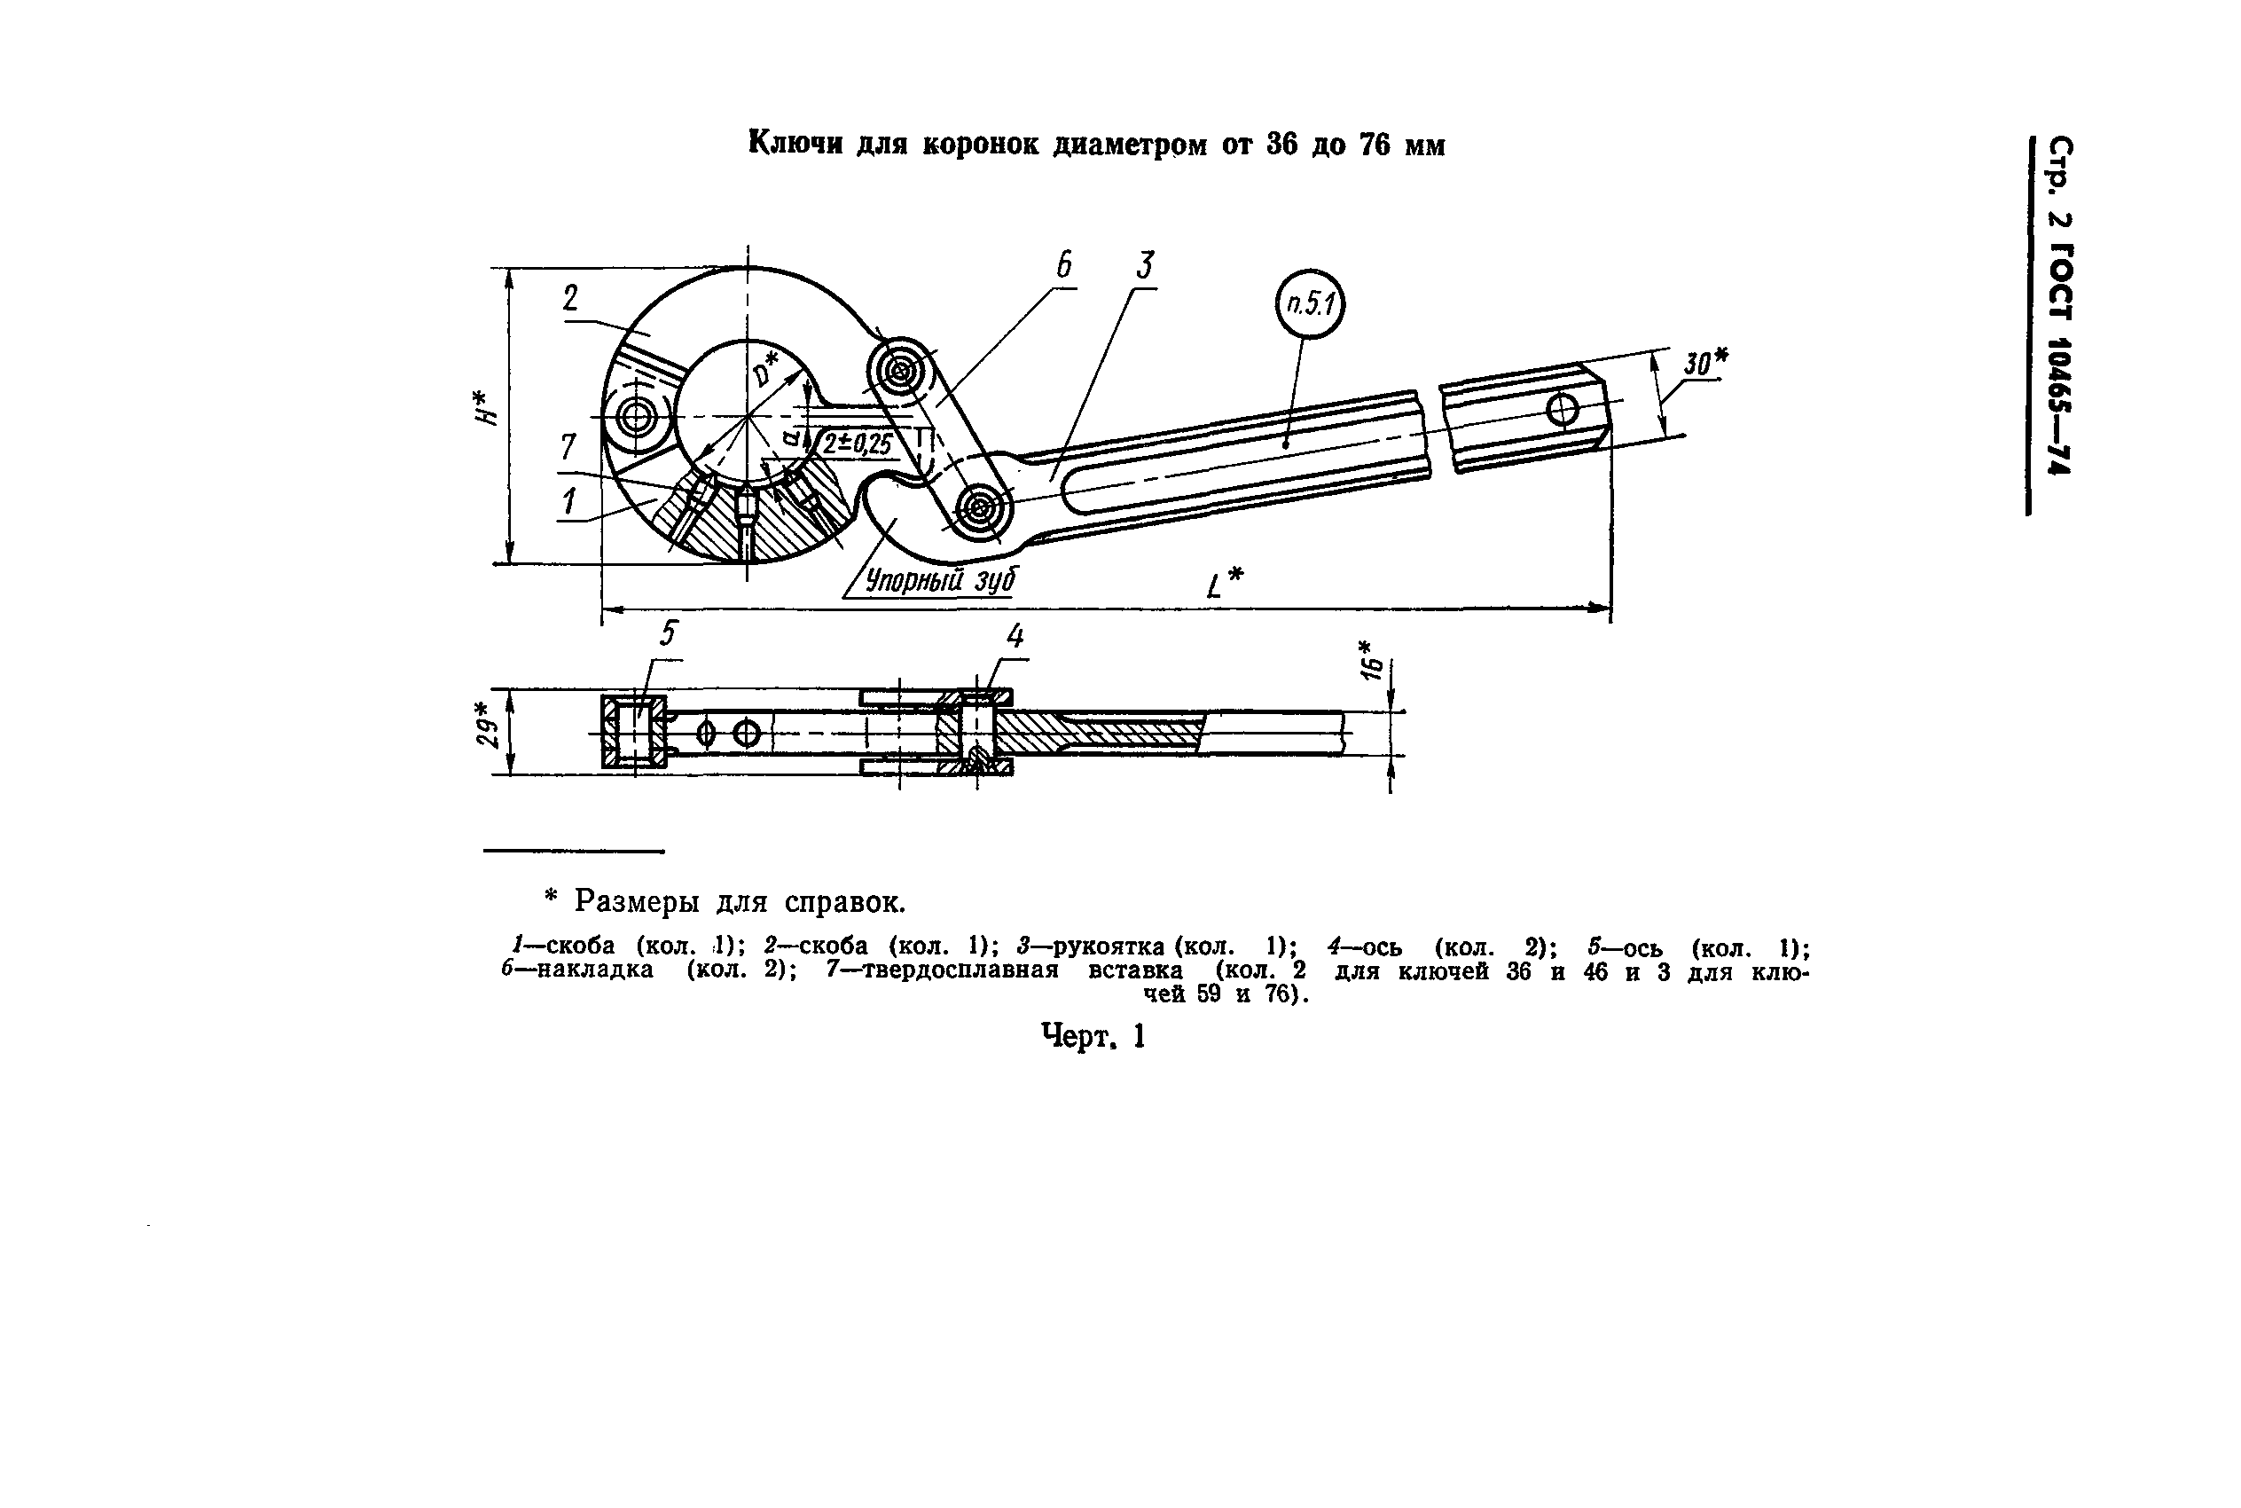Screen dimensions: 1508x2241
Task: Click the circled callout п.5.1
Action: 1310,304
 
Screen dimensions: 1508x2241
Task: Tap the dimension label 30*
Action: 1705,364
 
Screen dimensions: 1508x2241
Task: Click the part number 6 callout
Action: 1063,264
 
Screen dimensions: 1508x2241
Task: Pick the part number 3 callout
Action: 1144,264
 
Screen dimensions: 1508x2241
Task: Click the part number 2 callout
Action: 571,299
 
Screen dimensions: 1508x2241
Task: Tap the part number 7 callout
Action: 568,448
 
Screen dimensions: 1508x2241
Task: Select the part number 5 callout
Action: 668,633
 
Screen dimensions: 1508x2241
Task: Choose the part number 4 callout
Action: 1015,636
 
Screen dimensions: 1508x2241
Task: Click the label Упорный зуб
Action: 940,580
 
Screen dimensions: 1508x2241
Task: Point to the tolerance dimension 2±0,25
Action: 857,444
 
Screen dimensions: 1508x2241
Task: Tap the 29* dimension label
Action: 488,724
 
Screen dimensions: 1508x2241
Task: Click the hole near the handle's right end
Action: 1563,410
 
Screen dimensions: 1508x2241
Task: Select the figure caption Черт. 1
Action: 1093,1037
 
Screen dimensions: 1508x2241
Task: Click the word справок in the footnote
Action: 843,903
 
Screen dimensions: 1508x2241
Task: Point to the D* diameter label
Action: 766,368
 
